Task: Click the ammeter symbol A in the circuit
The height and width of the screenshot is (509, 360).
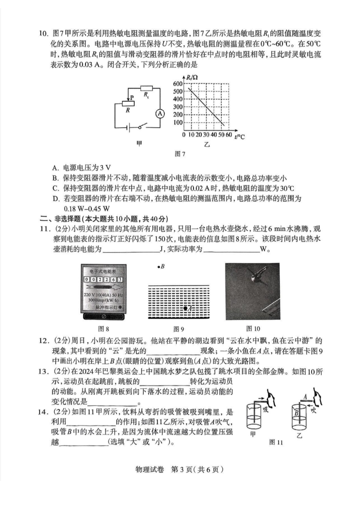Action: tap(160, 113)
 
